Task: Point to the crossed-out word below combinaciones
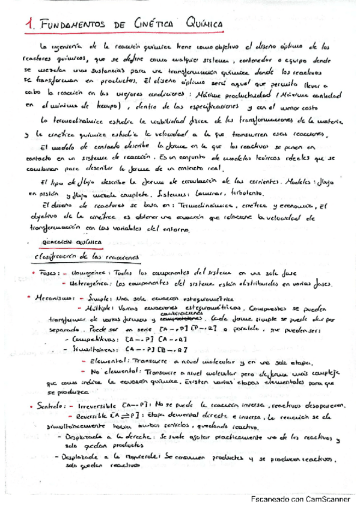[x=178, y=319]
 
